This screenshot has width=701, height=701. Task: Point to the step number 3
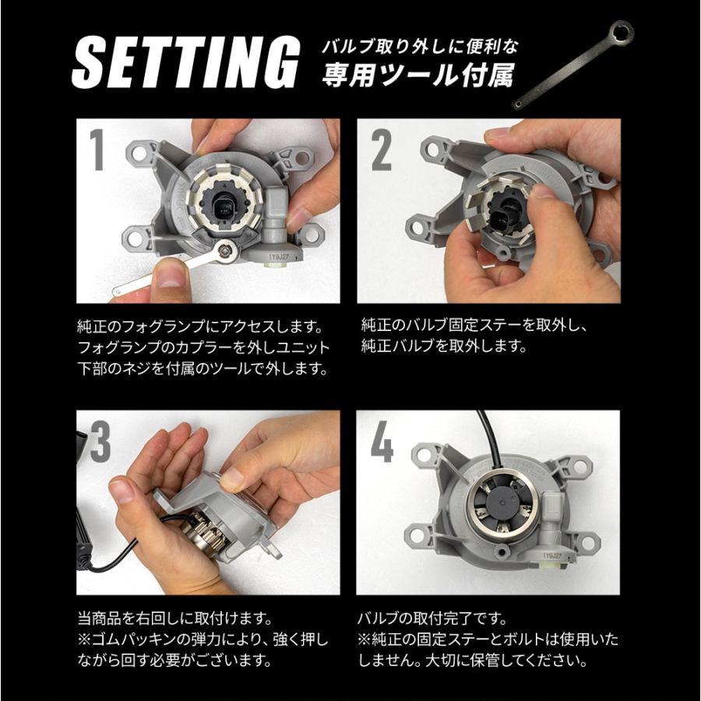click(100, 441)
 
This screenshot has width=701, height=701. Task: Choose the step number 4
click(382, 441)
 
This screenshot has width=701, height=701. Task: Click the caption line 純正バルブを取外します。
click(445, 346)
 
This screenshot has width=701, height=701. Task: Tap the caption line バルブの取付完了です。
click(432, 619)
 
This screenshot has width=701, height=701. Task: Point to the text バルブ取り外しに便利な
click(420, 47)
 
